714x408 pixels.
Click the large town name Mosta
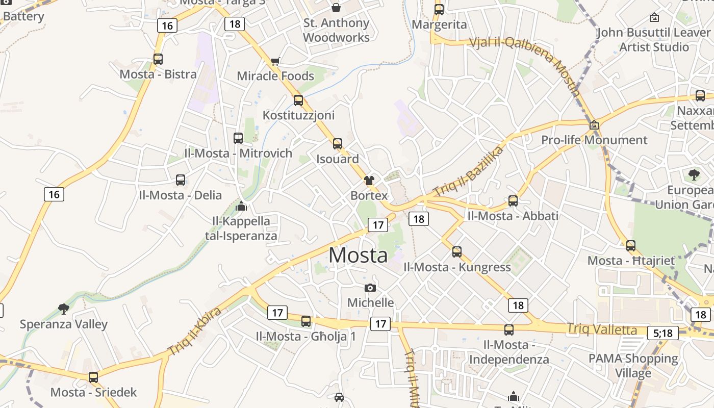[x=358, y=255]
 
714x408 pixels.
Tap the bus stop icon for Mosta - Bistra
[x=158, y=59]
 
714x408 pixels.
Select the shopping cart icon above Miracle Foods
[x=275, y=61]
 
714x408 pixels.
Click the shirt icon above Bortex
[x=369, y=180]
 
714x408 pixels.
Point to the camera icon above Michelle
[x=370, y=288]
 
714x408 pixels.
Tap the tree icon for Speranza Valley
[x=64, y=309]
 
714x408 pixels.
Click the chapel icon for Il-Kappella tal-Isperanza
[x=241, y=206]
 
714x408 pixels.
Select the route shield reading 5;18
[x=663, y=333]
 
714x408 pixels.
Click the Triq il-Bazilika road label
[x=468, y=171]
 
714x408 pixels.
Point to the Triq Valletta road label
[x=602, y=329]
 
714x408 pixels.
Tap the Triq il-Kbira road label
[x=195, y=331]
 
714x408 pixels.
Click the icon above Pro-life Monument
[x=594, y=125]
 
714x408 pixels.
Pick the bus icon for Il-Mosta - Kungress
[x=457, y=251]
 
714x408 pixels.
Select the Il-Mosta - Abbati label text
[x=513, y=216]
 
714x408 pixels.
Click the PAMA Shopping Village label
[x=633, y=366]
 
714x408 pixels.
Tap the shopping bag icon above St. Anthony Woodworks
[x=336, y=8]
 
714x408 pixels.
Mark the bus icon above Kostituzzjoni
[x=298, y=100]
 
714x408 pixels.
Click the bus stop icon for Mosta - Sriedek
[x=93, y=377]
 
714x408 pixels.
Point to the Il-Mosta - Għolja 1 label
[x=305, y=337]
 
